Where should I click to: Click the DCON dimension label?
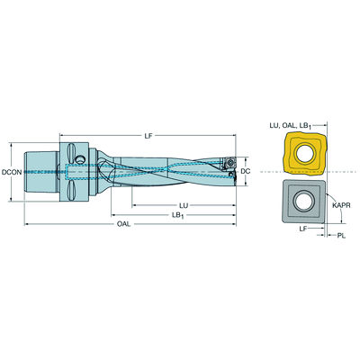tap(12, 172)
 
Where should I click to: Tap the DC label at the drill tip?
tap(246, 171)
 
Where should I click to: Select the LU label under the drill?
tap(184, 205)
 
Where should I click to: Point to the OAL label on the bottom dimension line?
tap(123, 224)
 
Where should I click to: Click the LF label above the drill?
tap(148, 136)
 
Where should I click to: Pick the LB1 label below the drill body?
tap(178, 215)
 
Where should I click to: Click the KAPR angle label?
tap(341, 205)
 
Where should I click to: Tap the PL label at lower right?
tap(341, 236)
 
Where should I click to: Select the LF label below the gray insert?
tap(303, 229)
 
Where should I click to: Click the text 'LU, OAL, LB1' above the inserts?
tap(290, 126)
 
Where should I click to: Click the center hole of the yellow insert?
tap(305, 154)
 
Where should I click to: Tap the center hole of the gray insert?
tap(303, 202)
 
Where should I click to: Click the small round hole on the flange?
tap(80, 158)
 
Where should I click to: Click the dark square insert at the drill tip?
tap(229, 162)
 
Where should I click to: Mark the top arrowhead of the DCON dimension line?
tap(12, 145)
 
